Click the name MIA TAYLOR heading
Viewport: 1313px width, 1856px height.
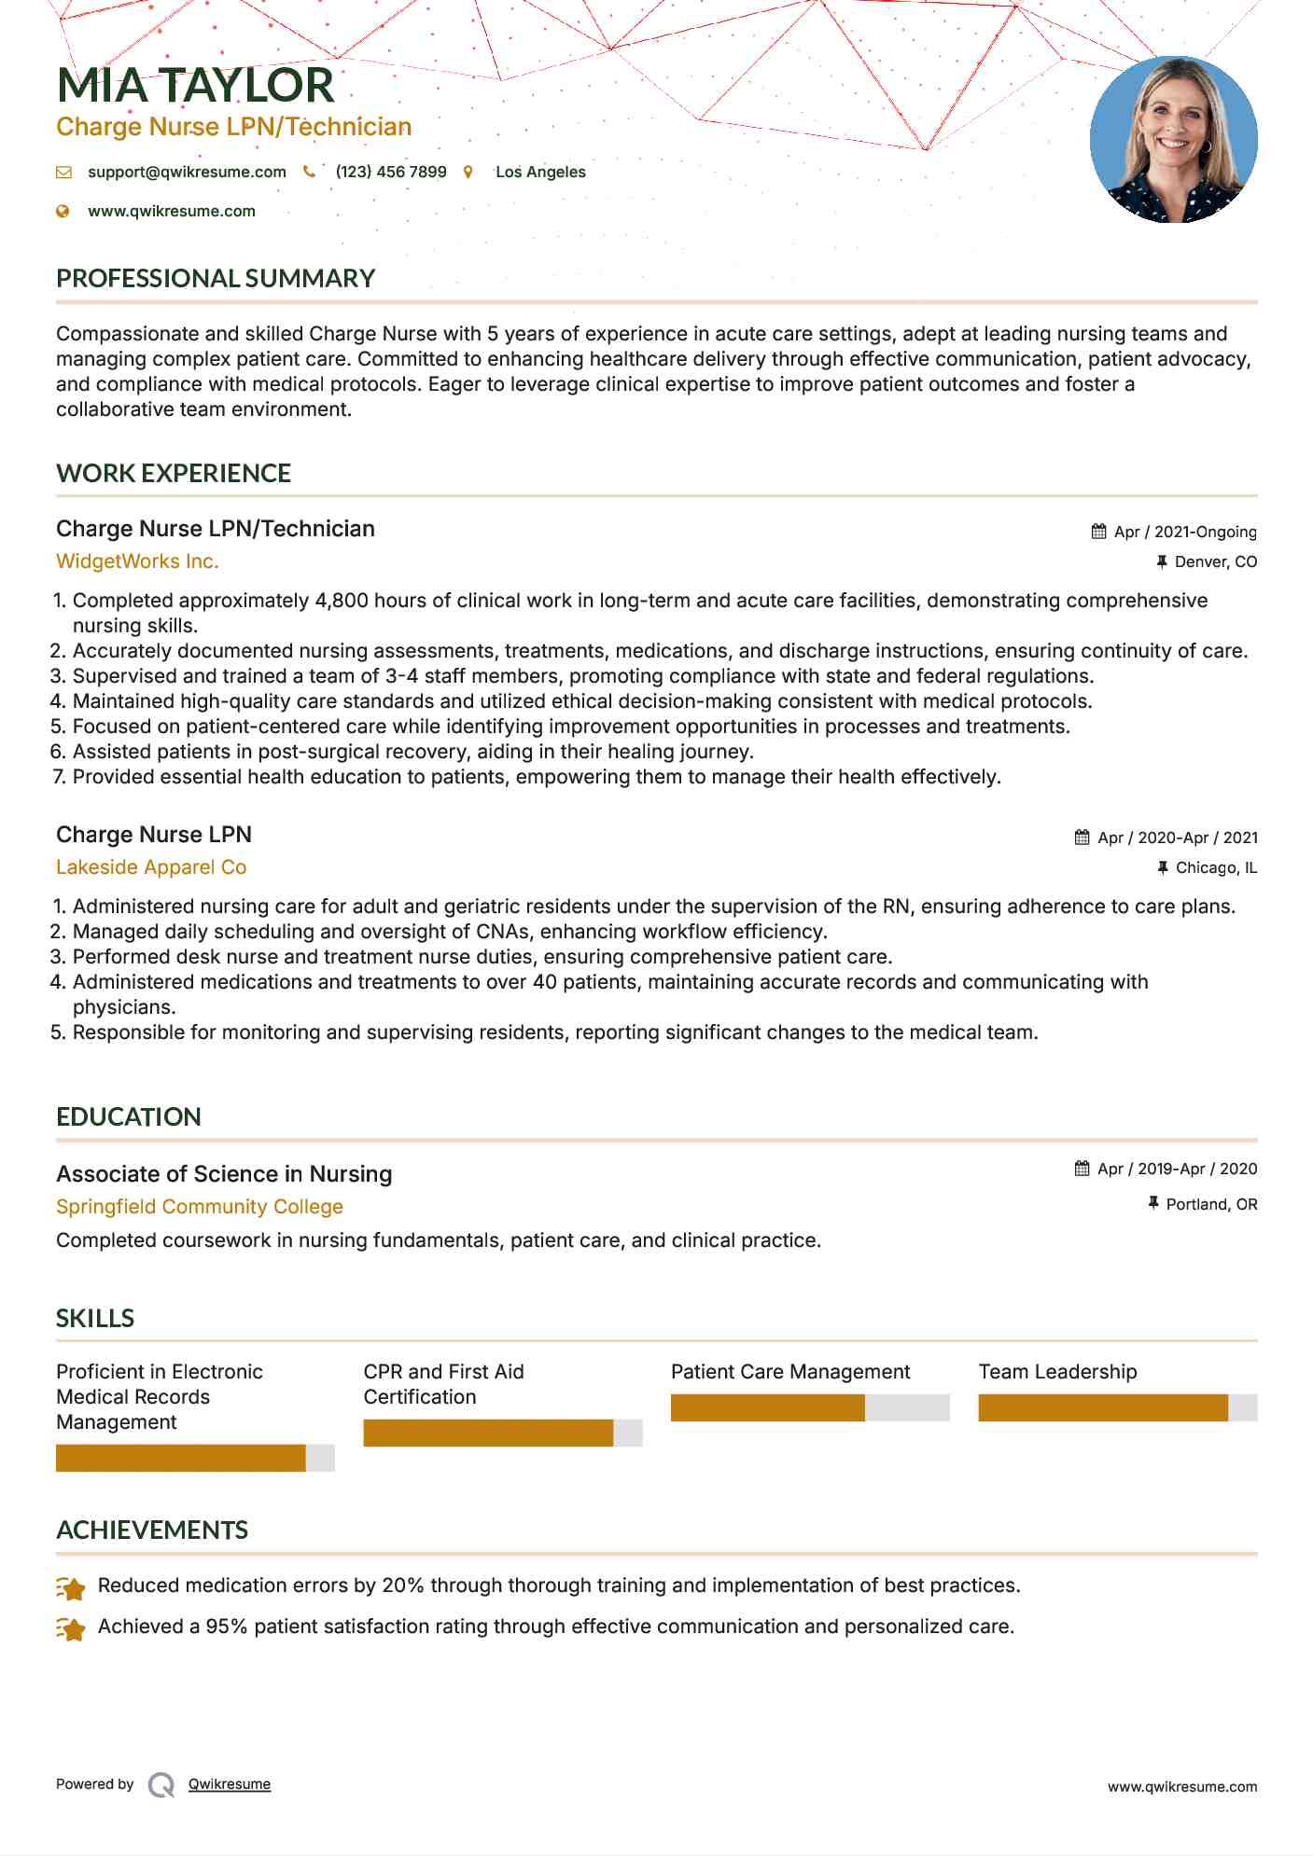195,85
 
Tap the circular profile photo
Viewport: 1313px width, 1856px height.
1173,140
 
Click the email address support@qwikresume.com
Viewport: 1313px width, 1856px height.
187,172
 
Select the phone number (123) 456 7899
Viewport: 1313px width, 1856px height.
390,172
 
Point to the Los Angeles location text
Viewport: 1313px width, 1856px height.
540,172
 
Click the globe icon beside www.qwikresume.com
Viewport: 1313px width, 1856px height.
63,211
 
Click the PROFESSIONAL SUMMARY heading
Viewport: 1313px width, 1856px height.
216,278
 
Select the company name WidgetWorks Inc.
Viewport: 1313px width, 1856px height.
137,561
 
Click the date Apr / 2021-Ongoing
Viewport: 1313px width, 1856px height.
1184,532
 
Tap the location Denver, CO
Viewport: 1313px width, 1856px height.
1215,561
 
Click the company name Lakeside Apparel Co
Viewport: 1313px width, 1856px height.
151,867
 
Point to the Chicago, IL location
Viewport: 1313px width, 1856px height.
1215,867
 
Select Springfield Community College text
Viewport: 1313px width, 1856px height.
200,1207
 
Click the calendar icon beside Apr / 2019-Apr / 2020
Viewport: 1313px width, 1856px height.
1082,1169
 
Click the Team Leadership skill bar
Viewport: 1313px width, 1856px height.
1117,1407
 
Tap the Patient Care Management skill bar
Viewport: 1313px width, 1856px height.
809,1407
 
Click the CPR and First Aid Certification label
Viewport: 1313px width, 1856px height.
443,1384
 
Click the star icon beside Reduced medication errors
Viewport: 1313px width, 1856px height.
71,1587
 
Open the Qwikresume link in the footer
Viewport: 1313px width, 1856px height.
229,1784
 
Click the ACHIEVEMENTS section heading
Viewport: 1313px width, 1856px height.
152,1530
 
